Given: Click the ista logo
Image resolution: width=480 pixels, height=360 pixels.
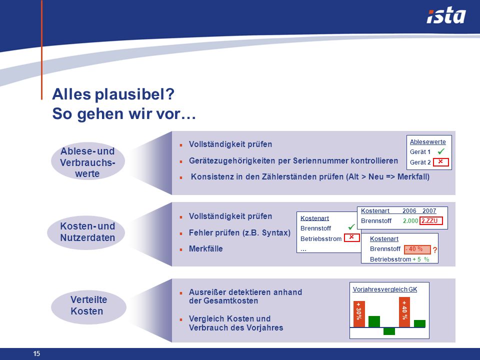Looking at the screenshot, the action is tap(446, 16).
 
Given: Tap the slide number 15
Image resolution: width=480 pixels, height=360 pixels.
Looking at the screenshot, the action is tap(36, 353).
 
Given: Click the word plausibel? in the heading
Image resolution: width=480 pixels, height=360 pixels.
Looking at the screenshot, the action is tap(134, 94).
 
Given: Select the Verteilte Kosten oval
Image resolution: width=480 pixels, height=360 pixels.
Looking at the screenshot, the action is tap(88, 305).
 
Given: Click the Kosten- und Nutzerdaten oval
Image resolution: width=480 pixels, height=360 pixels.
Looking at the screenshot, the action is tap(86, 232).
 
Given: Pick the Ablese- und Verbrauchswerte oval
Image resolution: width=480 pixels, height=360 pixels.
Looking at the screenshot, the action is tap(88, 161).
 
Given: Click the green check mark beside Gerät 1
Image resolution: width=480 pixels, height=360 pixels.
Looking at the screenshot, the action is tap(441, 151).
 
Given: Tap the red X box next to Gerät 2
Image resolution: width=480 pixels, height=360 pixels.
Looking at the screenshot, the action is tap(441, 162).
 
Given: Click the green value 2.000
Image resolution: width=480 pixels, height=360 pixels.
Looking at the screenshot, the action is tap(410, 220).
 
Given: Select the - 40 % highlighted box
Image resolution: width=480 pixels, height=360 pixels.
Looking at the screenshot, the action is tap(417, 249).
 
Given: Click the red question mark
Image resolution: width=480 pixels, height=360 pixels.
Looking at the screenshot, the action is tap(435, 250).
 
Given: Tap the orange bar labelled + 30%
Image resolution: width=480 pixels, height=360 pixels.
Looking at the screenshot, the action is tap(359, 314).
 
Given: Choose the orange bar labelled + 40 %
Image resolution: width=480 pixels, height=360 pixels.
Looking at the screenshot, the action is tap(404, 312).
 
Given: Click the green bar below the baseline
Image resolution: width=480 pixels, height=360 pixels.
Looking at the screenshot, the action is tap(389, 331).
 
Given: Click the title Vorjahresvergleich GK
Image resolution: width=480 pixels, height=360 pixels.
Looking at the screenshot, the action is tap(385, 289).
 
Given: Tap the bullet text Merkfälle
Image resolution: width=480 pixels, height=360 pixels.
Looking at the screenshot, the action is tap(205, 248).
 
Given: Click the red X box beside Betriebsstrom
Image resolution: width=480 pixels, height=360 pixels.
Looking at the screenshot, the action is tap(351, 237).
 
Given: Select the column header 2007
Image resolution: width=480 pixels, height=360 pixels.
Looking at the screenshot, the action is tap(429, 211).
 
